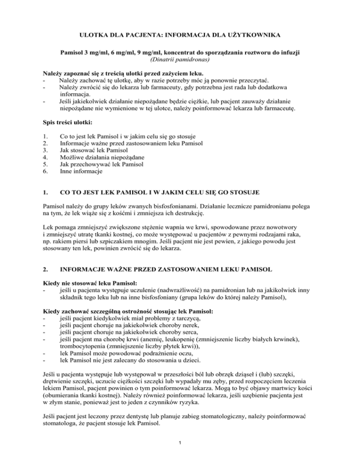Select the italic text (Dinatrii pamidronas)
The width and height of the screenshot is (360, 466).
pyautogui.click(x=180, y=60)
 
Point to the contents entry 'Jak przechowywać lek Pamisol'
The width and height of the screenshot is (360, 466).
pyautogui.click(x=102, y=165)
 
